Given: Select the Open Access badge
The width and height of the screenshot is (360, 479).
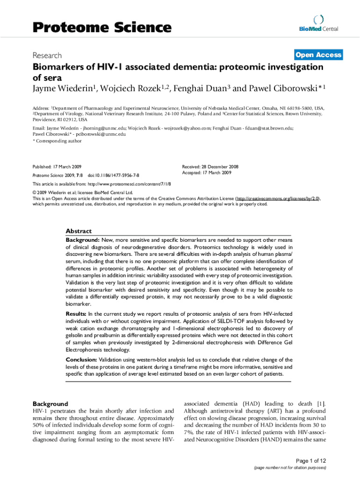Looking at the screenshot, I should pos(318,55).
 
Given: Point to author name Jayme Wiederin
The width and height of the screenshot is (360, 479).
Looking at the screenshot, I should pos(61,88).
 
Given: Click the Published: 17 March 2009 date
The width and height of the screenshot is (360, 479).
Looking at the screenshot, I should pos(58,167).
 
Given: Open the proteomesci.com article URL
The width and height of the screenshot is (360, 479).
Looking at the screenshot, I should pos(131,184).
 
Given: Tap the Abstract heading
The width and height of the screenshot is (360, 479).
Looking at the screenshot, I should pos(79,231).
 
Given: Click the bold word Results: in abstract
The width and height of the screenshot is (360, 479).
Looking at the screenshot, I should pos(76,314).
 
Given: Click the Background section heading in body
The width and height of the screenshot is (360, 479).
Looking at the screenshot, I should pos(50,404).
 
